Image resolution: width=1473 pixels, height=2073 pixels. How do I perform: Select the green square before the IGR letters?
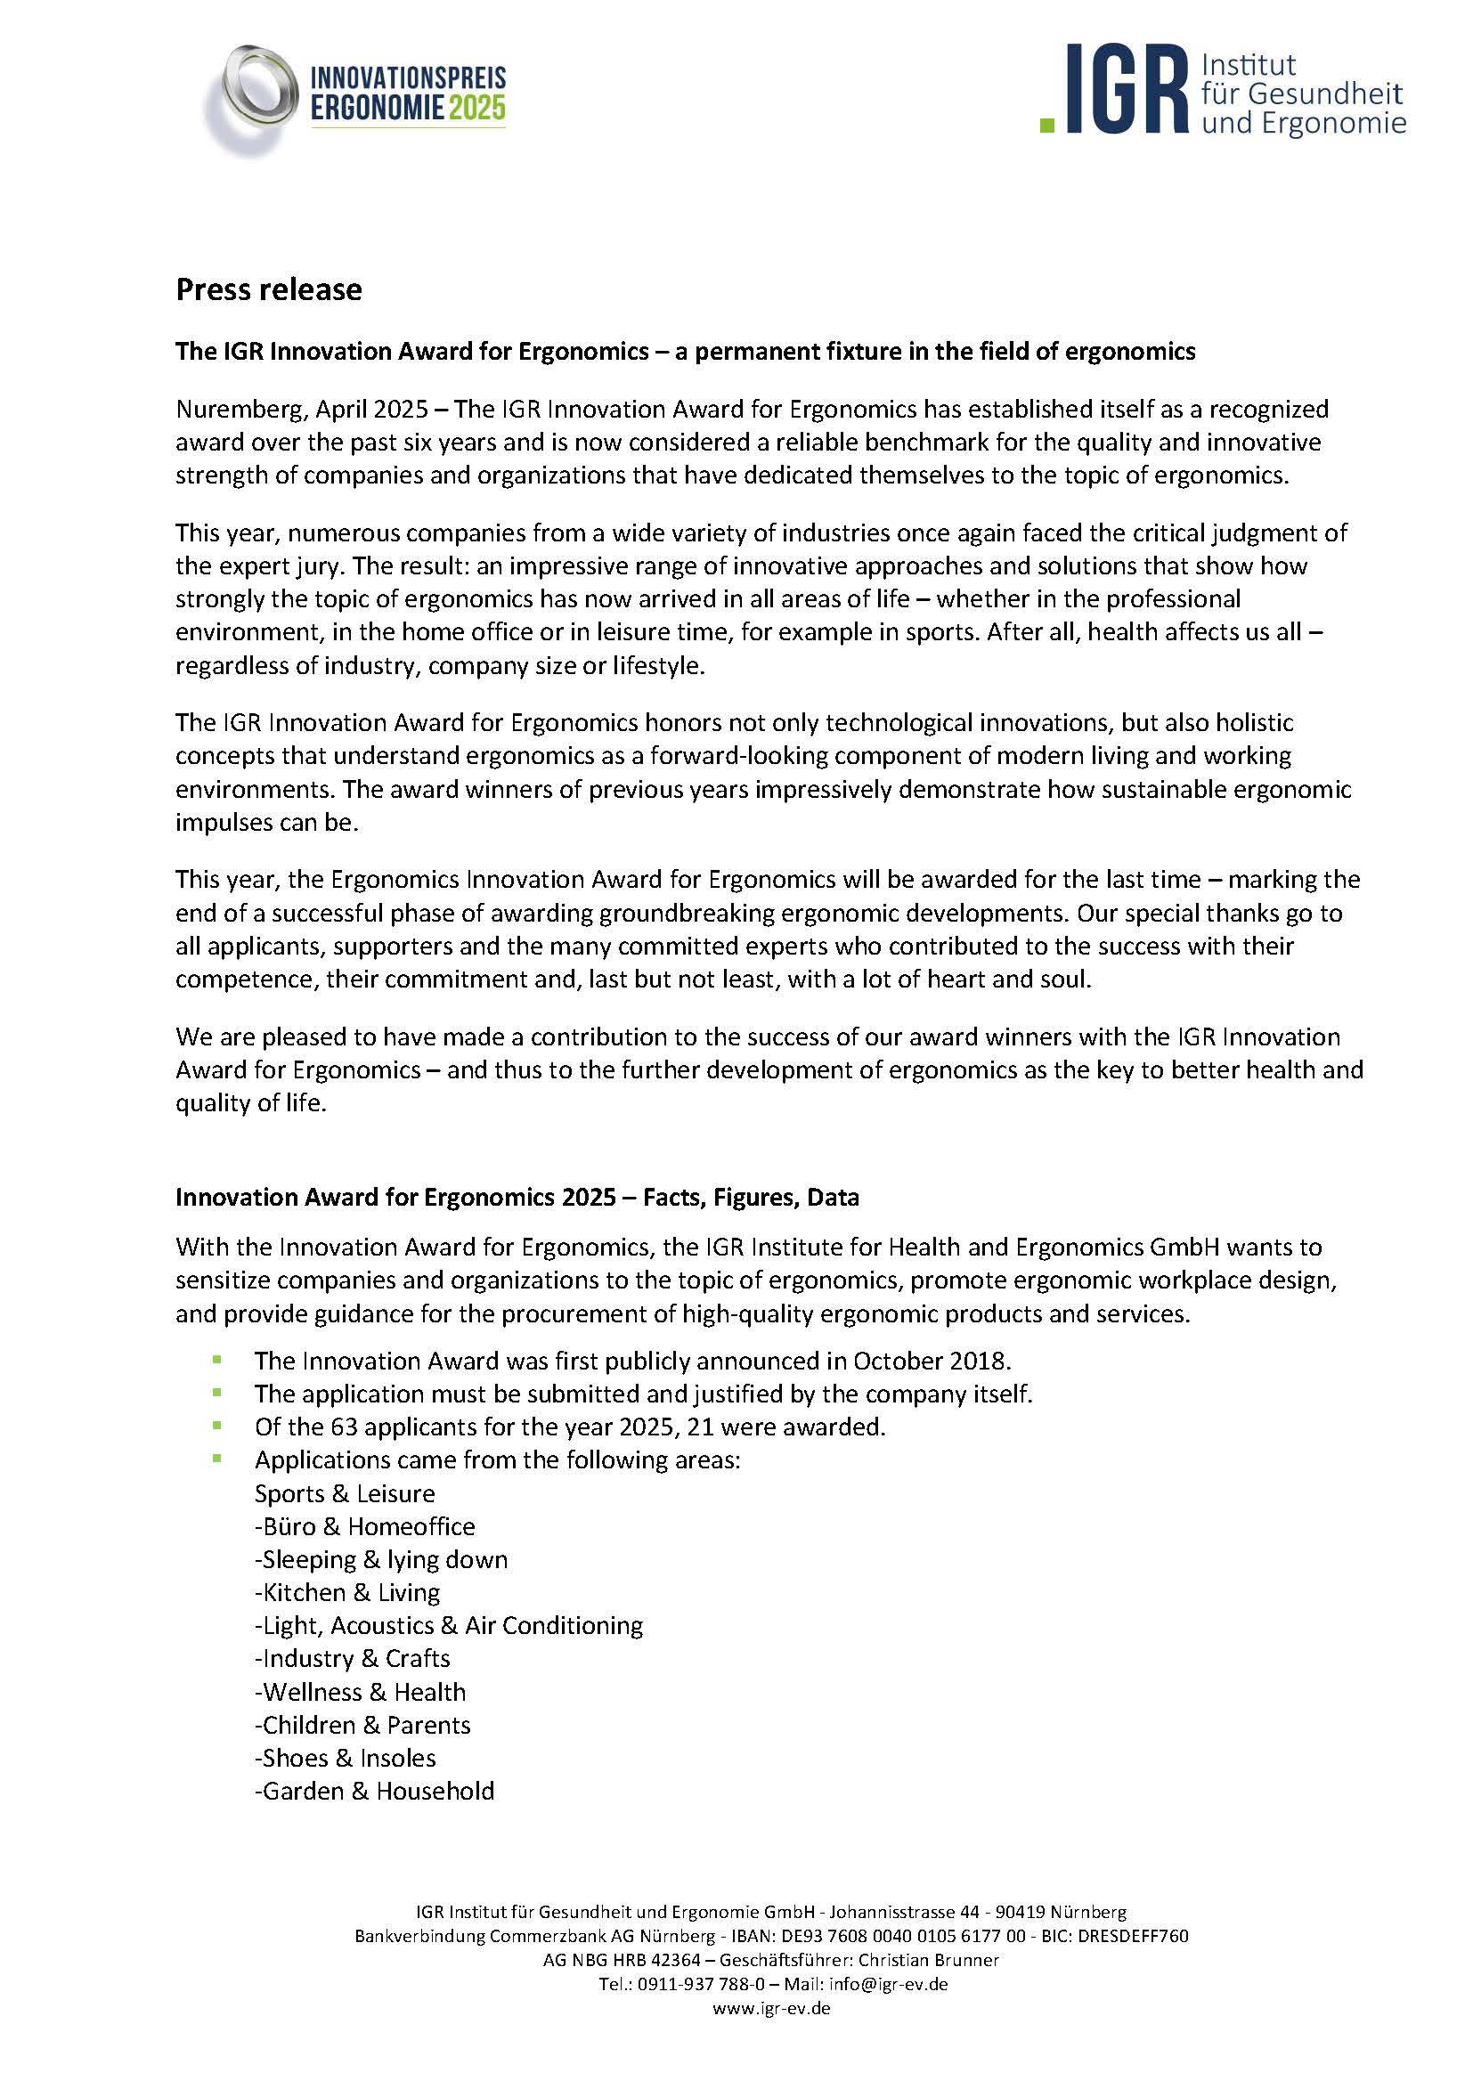click(1047, 126)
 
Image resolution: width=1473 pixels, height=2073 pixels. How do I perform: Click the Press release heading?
click(268, 289)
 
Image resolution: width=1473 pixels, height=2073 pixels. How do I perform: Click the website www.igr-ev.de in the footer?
click(771, 2009)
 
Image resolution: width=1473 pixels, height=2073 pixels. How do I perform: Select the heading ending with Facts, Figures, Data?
click(517, 1198)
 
